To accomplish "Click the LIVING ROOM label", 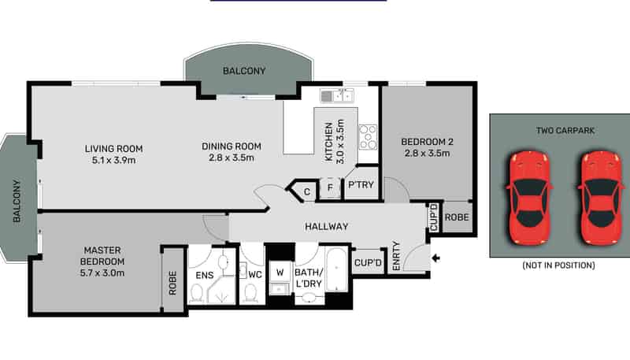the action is (x=113, y=149).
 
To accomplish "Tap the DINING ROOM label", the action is (x=232, y=147).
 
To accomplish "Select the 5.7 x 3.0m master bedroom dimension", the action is (x=102, y=273).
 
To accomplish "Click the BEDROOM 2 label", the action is (x=427, y=142).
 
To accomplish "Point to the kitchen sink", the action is (x=337, y=95).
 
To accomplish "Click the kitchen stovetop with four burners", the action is (x=368, y=137).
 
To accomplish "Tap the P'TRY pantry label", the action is (x=361, y=185).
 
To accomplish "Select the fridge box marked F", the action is (x=330, y=188).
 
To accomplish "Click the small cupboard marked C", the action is (x=307, y=192).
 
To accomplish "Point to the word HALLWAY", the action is (x=326, y=227).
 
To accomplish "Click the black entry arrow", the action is (x=435, y=258).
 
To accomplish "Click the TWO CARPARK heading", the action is (x=565, y=131).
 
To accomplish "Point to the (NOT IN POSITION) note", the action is (x=558, y=265).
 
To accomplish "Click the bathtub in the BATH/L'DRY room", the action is (x=337, y=269).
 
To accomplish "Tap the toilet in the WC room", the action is (x=250, y=293).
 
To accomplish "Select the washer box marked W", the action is (x=280, y=272).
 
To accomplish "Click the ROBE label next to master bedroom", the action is (x=172, y=283).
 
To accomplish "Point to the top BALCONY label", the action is (x=244, y=71).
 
